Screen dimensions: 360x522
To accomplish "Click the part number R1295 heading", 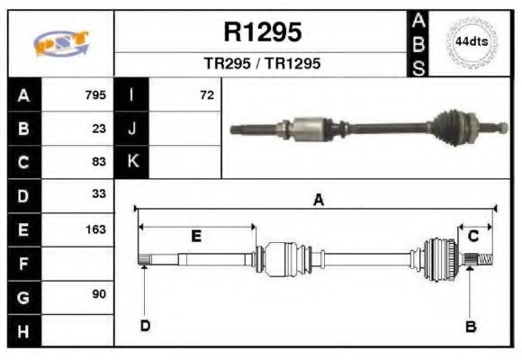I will click(x=262, y=32).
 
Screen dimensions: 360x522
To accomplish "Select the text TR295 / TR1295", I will click(x=262, y=64).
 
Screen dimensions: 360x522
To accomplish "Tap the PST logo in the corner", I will click(x=60, y=42).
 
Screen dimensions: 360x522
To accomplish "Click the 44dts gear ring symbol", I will click(x=471, y=42).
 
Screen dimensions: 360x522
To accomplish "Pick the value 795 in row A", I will click(x=95, y=94).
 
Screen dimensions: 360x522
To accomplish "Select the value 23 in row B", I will click(x=99, y=128).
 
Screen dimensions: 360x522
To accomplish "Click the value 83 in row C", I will click(x=99, y=162).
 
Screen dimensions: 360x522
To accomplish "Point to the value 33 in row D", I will click(x=99, y=194).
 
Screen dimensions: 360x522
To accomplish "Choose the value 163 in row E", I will click(x=95, y=229).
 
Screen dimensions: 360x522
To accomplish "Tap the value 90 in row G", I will click(x=99, y=295).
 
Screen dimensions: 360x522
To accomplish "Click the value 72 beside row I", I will click(x=207, y=94).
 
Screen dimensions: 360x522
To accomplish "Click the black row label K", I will click(x=132, y=162).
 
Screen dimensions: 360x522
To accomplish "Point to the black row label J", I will click(x=132, y=128).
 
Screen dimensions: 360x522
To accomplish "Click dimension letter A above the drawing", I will click(x=317, y=201).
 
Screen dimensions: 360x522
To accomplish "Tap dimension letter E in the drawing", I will click(x=195, y=236).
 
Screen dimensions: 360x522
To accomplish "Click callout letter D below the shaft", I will click(x=144, y=325).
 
